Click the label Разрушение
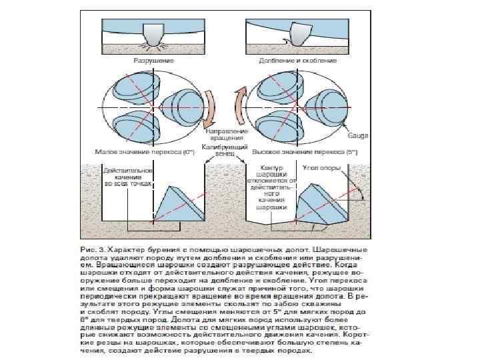click(153, 60)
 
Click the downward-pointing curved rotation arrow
click(209, 107)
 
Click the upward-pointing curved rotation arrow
click(238, 107)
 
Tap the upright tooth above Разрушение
click(153, 35)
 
